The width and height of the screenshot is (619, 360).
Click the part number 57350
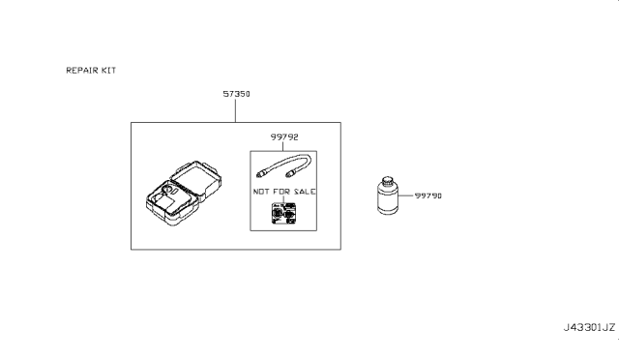(x=237, y=95)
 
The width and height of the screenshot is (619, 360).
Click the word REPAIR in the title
(x=80, y=72)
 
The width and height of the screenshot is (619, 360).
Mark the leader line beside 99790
(x=406, y=195)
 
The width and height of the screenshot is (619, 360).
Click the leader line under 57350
(x=235, y=110)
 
